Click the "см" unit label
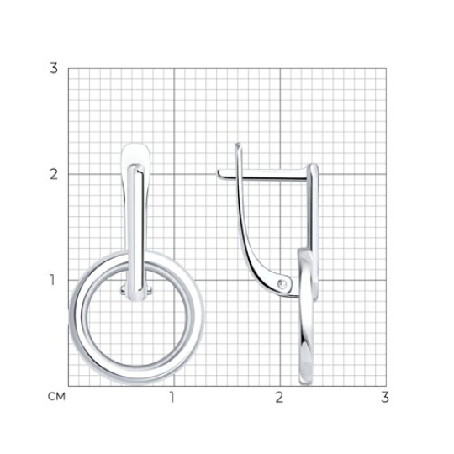coord(57,396)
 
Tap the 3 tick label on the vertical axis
coord(54,68)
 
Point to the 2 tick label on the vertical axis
coord(54,174)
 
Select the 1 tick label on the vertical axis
coord(52,280)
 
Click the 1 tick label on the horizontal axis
coord(172,397)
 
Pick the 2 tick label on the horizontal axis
coord(279,397)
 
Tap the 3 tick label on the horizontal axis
coord(385,397)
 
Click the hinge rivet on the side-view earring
coord(282,284)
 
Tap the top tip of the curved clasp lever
coord(238,145)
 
